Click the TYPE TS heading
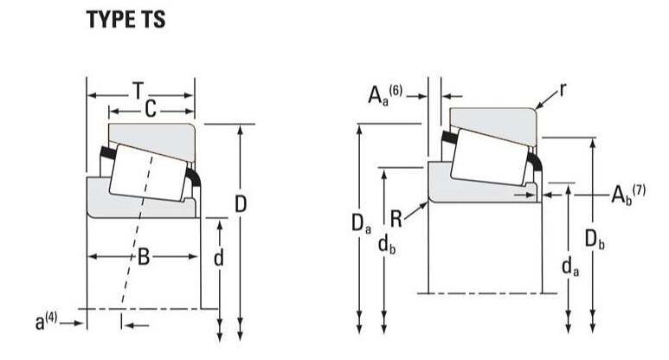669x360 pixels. tap(125, 20)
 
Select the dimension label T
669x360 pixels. tap(138, 91)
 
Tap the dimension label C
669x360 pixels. tap(151, 109)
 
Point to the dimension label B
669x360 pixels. tap(144, 257)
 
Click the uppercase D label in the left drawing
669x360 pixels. tap(241, 204)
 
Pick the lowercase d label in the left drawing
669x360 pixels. tap(218, 257)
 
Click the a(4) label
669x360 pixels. tap(46, 322)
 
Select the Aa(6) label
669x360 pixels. tap(385, 95)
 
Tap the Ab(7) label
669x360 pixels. tap(628, 195)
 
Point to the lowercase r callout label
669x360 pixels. tap(563, 90)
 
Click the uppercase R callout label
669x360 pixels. tap(396, 219)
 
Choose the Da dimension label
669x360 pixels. tap(361, 223)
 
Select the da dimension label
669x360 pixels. tap(570, 267)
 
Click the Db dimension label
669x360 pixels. tap(595, 240)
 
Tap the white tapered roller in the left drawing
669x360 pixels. tap(147, 173)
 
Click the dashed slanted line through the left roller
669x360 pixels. tap(137, 230)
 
